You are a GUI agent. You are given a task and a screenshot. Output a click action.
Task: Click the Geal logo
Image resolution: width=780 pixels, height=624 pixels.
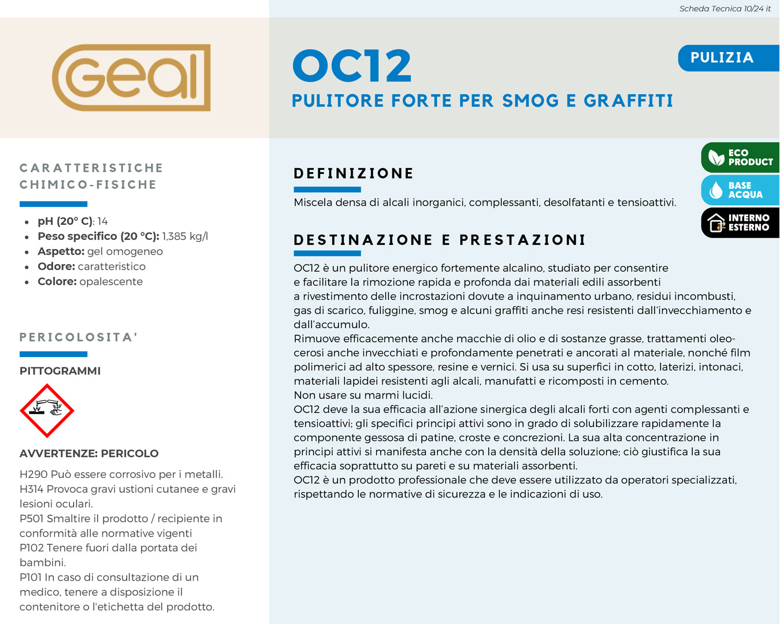[131, 77]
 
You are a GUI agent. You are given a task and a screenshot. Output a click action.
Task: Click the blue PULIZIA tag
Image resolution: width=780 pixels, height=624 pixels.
[722, 58]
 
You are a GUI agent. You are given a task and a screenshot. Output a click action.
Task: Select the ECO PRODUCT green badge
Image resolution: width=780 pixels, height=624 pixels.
[741, 157]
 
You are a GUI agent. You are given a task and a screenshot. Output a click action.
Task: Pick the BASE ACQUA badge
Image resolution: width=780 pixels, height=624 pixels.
[741, 190]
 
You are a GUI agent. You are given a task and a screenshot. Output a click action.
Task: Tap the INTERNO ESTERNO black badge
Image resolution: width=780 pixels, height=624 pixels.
[741, 222]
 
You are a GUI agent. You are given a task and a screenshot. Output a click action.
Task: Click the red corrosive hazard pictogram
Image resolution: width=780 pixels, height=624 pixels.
[47, 411]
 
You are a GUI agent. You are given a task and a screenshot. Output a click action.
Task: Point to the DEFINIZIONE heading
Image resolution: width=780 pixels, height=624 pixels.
[354, 173]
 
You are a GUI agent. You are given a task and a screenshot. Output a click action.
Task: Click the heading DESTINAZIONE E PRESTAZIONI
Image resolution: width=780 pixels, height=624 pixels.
[440, 240]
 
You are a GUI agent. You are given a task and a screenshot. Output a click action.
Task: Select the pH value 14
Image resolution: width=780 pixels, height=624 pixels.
[103, 221]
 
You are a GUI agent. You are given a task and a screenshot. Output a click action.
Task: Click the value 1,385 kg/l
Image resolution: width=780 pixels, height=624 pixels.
[185, 236]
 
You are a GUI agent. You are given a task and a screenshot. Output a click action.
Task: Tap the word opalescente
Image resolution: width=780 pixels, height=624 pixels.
[111, 281]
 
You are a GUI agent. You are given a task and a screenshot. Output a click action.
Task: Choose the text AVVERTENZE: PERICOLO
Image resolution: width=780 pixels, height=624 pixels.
[89, 454]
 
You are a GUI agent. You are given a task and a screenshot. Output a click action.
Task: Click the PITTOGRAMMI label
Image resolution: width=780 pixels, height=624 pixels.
[60, 371]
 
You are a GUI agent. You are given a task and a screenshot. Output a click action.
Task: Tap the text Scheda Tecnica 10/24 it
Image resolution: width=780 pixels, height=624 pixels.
[725, 9]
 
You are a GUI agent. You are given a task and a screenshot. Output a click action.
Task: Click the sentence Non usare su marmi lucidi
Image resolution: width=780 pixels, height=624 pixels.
[363, 395]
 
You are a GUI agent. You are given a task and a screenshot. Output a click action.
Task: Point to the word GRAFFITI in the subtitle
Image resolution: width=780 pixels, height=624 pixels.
[628, 101]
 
